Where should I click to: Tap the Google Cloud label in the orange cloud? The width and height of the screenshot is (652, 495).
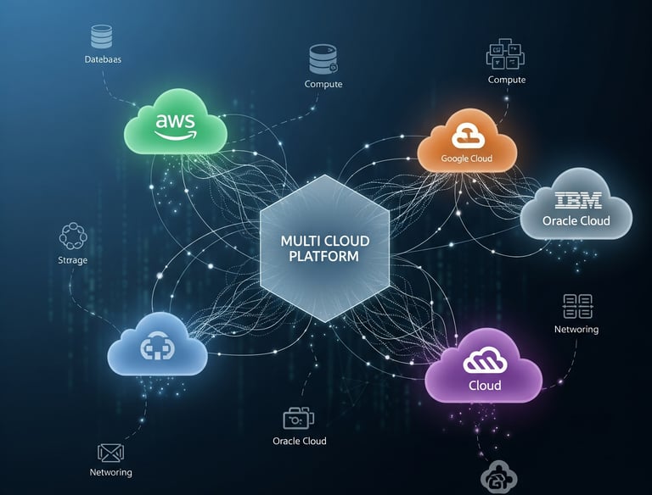[466, 159]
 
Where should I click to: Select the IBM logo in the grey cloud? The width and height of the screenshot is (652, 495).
[577, 201]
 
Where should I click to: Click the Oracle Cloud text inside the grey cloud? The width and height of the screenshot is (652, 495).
[576, 221]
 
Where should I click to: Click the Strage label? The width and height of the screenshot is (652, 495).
[72, 260]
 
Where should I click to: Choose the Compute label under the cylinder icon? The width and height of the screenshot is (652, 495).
[323, 85]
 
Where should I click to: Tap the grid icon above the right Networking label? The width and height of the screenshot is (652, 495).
[577, 306]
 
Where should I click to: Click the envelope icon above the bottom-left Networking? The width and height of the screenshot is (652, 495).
[111, 452]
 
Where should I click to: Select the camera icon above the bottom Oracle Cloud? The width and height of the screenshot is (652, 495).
[298, 418]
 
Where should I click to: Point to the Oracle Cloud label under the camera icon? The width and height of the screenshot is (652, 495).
[300, 441]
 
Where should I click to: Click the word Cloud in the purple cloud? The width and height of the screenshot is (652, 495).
[485, 386]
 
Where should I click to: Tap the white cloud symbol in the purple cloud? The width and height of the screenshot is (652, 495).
[484, 363]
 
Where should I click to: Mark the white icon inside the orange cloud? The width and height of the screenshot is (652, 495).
[466, 135]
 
